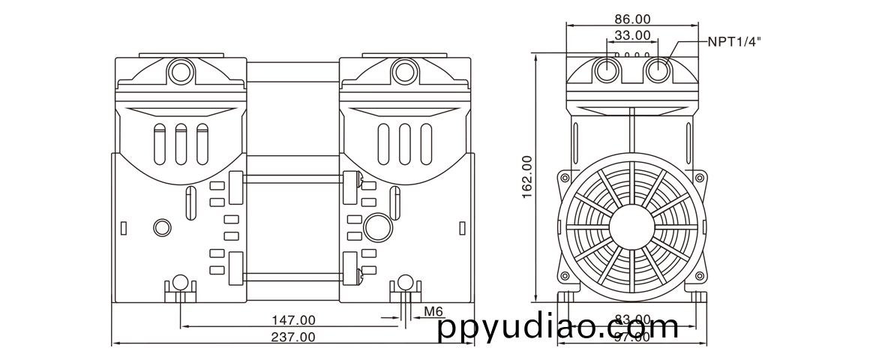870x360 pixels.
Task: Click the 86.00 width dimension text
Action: click(x=631, y=19)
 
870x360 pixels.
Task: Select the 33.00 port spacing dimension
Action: click(x=631, y=35)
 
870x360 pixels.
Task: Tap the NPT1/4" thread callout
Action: click(x=733, y=42)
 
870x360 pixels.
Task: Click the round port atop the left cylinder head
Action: click(x=179, y=72)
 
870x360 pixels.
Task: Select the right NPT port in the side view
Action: click(x=658, y=71)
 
